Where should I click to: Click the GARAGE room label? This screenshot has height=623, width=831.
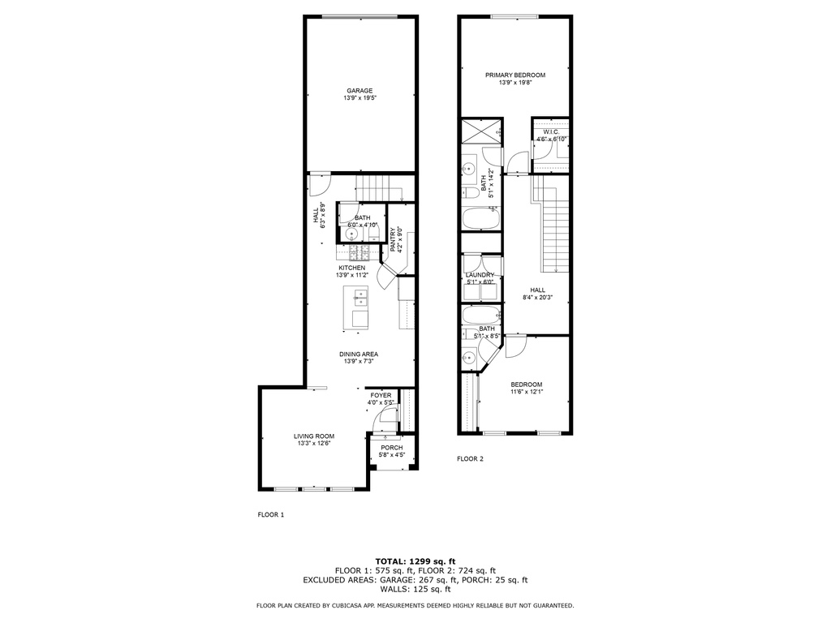pos(360,91)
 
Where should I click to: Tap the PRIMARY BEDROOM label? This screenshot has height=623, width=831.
pos(515,75)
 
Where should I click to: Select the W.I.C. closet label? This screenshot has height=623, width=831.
pos(551,132)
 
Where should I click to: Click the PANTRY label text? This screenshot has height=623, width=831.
pos(393,240)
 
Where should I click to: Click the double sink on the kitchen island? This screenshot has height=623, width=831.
pos(360,298)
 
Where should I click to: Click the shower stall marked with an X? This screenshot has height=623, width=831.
pos(481,131)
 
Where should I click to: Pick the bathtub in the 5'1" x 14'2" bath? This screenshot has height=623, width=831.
pos(481,217)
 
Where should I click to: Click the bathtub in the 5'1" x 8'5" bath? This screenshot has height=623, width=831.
pos(481,316)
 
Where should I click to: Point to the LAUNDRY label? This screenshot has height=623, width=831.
pos(480,275)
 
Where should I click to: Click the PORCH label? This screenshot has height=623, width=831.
pos(392,448)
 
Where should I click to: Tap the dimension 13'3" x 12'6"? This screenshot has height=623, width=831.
pos(314,444)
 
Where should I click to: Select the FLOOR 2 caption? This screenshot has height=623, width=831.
pos(470,459)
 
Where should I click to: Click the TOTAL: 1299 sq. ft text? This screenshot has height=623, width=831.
pos(415,561)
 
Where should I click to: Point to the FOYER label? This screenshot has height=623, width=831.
pos(381,395)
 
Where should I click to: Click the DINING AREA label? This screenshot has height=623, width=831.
pos(359,354)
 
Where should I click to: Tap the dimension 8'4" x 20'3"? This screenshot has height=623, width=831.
pos(538,298)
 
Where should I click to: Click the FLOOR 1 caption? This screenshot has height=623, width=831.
pos(271,514)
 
